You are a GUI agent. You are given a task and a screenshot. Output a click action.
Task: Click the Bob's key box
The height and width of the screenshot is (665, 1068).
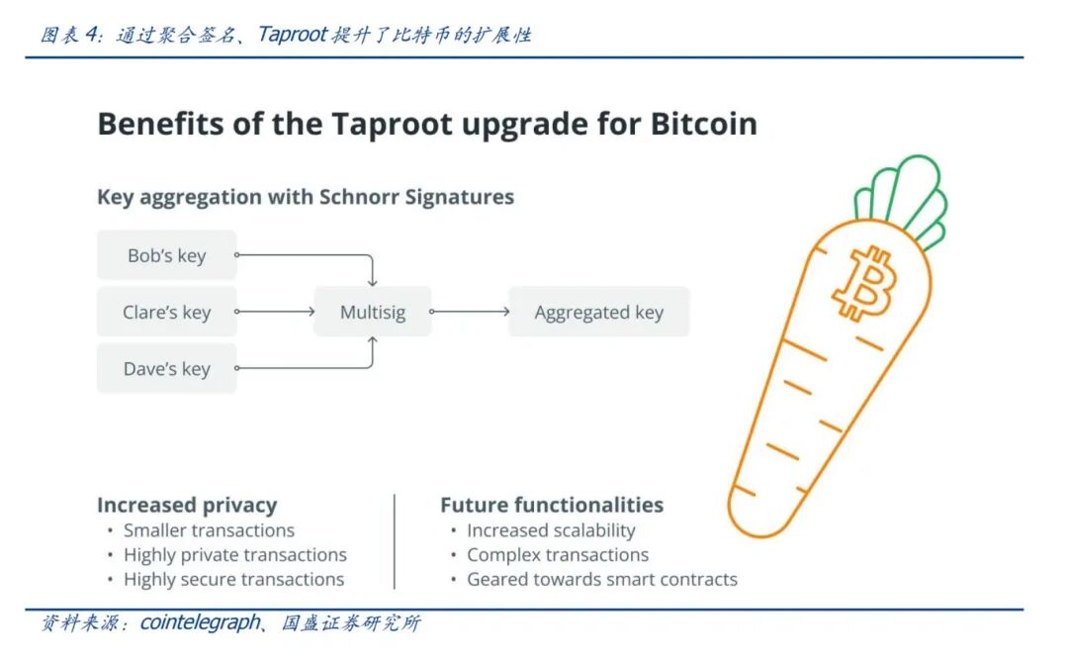coord(166,255)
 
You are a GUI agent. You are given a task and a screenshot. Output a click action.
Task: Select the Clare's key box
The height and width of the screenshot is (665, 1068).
coord(166,313)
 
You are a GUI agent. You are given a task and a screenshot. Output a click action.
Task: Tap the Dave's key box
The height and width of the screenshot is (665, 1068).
coord(166,369)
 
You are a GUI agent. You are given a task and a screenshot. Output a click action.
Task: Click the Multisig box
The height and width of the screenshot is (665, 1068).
coord(373,313)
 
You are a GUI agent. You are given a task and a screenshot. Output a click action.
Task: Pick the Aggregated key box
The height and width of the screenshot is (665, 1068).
coord(598,313)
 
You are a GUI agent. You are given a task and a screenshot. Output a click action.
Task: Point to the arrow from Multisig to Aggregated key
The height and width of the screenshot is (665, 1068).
coord(470,312)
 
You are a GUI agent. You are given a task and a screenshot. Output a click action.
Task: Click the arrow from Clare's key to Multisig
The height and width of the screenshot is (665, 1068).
coord(276,312)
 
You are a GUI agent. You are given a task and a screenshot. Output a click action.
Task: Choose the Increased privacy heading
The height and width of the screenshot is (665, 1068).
coord(187,505)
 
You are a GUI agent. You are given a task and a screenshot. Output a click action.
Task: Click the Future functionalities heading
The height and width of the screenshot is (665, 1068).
coord(552,505)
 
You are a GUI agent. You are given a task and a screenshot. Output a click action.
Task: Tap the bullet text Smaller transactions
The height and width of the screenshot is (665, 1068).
coord(209,530)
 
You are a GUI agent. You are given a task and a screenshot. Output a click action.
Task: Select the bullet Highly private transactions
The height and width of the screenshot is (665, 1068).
coord(234,555)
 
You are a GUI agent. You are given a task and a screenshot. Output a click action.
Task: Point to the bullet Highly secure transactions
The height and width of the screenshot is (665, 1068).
coord(233,580)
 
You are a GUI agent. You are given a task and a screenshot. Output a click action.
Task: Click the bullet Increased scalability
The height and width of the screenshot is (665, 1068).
coord(551,530)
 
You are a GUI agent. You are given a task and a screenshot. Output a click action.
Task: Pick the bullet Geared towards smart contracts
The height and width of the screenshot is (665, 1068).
coord(601,580)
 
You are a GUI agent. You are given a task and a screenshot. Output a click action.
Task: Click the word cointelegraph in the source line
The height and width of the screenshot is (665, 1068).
coord(200,623)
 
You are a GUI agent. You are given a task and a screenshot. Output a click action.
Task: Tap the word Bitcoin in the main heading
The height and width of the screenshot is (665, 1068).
coord(703,124)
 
